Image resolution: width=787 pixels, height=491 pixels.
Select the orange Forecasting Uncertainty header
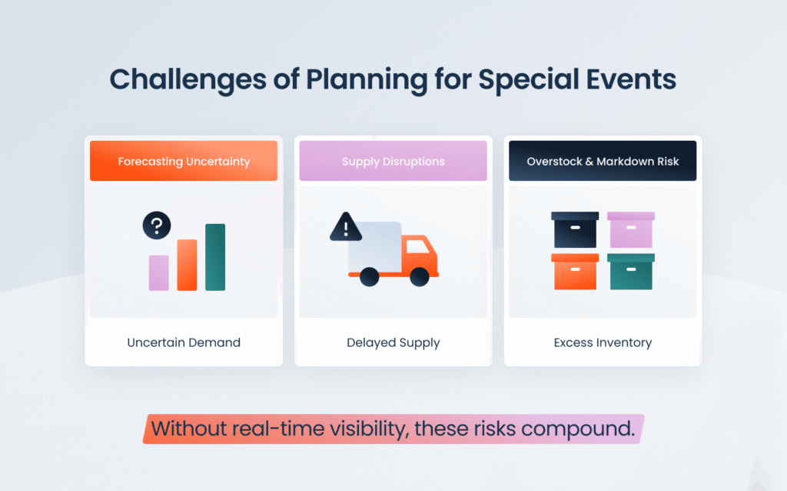(184, 162)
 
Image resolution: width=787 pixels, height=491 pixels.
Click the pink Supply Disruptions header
(393, 162)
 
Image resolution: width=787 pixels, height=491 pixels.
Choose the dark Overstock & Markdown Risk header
(603, 162)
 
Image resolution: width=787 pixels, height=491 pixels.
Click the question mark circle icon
(157, 225)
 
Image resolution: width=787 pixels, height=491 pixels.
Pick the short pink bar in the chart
(159, 272)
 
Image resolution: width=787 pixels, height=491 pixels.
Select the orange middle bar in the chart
(187, 265)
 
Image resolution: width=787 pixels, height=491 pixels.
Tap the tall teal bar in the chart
(215, 257)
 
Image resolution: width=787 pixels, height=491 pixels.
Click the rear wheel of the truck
(370, 276)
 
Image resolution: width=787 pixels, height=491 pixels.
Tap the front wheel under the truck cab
(419, 276)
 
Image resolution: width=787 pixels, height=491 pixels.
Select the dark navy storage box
(575, 230)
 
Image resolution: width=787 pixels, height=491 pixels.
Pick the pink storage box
(630, 230)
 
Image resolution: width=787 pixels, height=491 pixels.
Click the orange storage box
(575, 272)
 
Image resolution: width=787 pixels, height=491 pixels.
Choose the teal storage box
(630, 272)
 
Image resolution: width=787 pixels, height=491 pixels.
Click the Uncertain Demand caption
(184, 342)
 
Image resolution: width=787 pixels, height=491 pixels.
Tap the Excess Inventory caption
(603, 342)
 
